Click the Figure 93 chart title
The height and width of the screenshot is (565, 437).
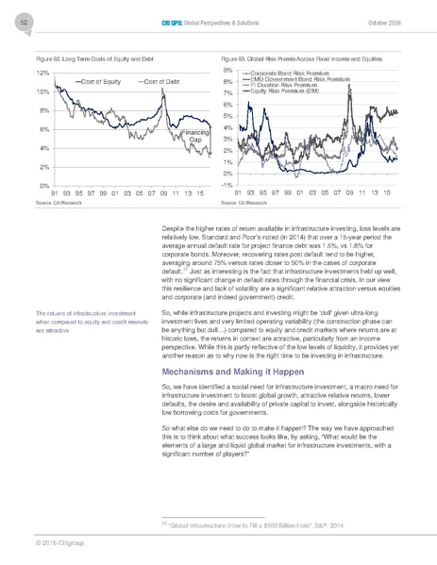click(x=300, y=59)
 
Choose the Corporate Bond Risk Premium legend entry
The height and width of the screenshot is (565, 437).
click(x=292, y=73)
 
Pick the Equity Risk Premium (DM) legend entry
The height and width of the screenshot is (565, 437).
click(x=289, y=92)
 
